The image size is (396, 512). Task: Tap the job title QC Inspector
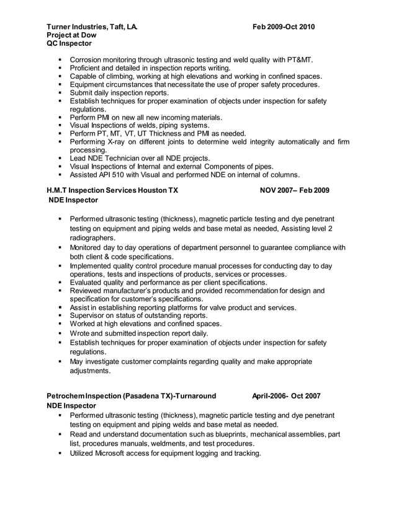click(70, 43)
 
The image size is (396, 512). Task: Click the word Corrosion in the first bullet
click(88, 60)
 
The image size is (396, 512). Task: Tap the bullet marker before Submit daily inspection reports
click(61, 93)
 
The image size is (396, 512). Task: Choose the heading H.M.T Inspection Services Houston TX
click(112, 191)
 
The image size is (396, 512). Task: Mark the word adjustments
click(91, 371)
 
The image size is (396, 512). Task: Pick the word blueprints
click(233, 435)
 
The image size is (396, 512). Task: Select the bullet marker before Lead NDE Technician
click(61, 158)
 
